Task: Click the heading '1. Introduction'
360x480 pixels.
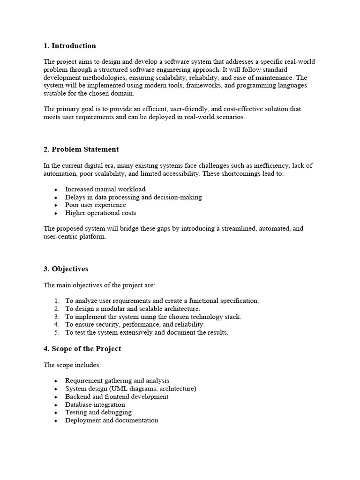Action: [x=69, y=46]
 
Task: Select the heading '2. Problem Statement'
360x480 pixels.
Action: [x=81, y=150]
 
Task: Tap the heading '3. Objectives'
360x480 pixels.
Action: [x=66, y=269]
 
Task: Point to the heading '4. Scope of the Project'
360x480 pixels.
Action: [x=82, y=349]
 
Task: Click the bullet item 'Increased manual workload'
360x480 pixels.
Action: [x=105, y=189]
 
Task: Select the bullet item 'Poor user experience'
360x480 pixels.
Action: [x=96, y=205]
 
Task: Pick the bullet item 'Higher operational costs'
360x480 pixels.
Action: [x=100, y=213]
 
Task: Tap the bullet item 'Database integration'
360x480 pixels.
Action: [x=95, y=405]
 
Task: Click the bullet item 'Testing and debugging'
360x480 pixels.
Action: [x=98, y=412]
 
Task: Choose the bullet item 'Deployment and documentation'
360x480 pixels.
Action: [x=112, y=420]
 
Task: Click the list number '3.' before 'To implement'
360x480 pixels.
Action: [x=57, y=317]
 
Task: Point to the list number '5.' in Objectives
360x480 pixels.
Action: [x=57, y=333]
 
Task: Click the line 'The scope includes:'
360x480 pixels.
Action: [x=72, y=365]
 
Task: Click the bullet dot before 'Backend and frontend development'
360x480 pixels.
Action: [x=55, y=397]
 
